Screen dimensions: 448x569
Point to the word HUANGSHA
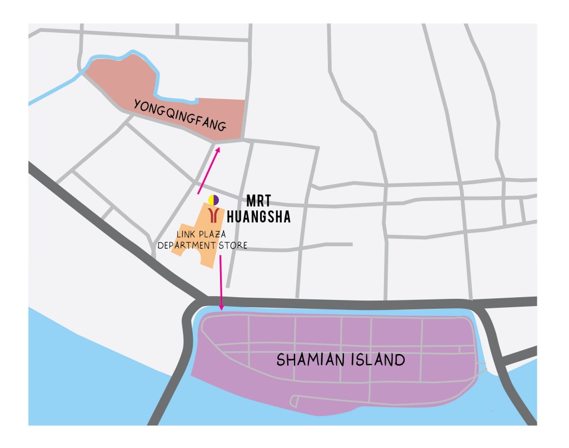(259, 217)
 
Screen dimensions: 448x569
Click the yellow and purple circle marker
(213, 200)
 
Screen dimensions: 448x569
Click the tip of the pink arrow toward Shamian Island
(222, 309)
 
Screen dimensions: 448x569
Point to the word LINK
(186, 234)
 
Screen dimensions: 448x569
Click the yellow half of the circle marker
(211, 200)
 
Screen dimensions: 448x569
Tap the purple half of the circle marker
(216, 200)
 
